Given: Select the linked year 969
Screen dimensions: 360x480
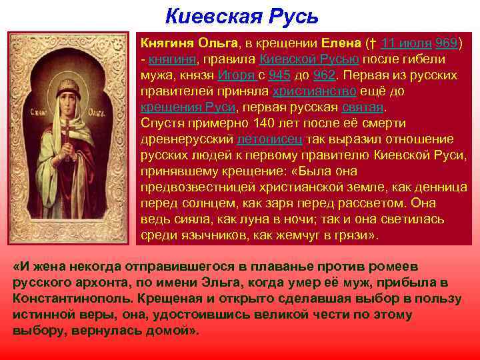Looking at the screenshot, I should coord(446,43).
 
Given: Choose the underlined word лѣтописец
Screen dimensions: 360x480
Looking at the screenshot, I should coord(271,139).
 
